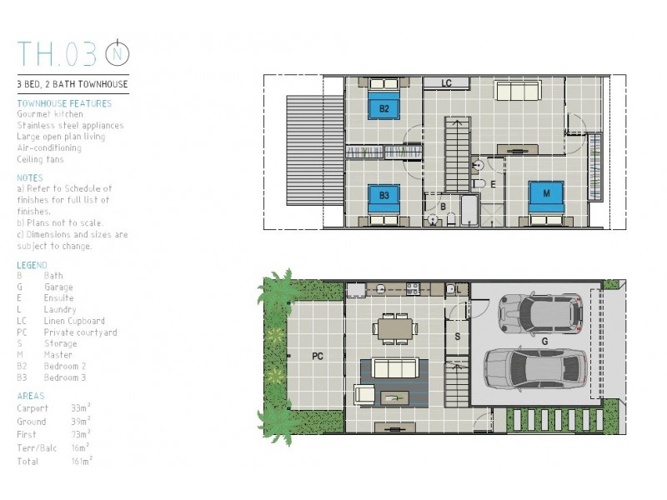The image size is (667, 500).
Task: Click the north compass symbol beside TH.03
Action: (118, 53)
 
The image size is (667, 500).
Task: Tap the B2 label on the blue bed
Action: (384, 108)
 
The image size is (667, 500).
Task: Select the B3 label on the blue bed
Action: (384, 196)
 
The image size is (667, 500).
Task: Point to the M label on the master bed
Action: (546, 193)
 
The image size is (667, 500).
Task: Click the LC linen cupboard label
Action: (446, 83)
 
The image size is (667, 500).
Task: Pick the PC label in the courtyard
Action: (318, 357)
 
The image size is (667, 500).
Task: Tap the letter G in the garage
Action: (544, 341)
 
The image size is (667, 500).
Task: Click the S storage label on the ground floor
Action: (457, 337)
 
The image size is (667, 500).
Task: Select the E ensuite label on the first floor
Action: (493, 184)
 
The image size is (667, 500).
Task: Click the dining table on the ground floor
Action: (395, 328)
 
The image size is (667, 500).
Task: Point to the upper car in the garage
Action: (540, 313)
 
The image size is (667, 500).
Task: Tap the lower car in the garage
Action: (536, 368)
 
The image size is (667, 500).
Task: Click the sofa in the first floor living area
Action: (518, 90)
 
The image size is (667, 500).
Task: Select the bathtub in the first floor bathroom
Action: (469, 210)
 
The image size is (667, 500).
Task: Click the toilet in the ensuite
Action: (479, 184)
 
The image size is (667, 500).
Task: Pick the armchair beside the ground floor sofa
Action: (364, 394)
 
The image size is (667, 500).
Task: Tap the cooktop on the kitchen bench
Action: (413, 289)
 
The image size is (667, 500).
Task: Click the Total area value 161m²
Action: (81, 461)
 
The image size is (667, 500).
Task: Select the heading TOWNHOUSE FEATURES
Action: (64, 103)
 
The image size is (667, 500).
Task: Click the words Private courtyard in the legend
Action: (80, 332)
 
